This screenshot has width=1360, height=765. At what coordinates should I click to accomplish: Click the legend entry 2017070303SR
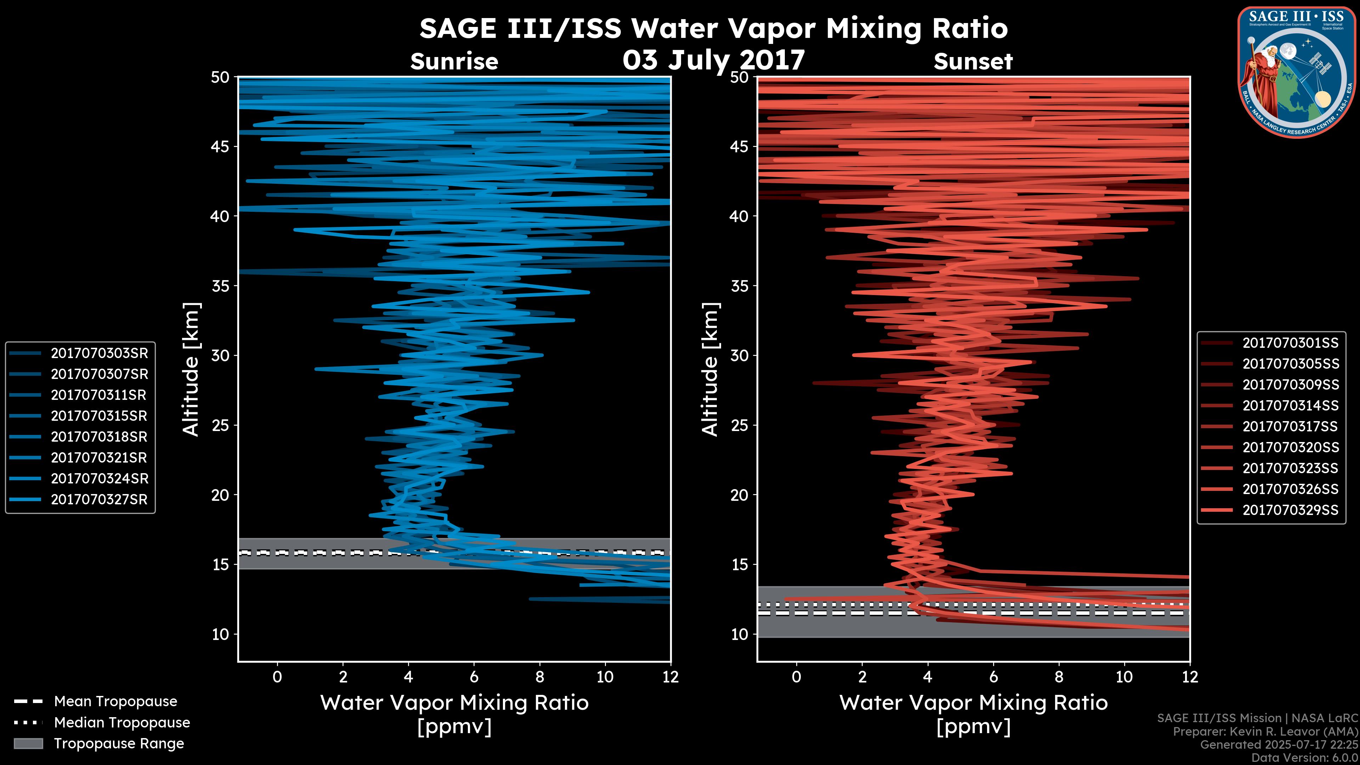99,353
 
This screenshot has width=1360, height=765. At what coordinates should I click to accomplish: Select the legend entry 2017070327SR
99,499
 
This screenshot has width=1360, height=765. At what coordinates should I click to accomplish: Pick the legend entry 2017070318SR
99,437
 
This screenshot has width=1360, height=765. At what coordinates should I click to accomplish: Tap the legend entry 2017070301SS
1290,343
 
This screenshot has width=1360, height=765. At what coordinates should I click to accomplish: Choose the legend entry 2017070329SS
1290,510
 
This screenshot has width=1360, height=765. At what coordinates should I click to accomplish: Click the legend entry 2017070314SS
1290,406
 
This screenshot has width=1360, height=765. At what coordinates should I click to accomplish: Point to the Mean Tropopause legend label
115,702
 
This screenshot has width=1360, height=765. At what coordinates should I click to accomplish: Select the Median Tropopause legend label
122,722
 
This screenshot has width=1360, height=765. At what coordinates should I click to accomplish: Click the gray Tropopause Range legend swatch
28,743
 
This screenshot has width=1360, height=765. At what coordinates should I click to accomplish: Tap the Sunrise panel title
454,62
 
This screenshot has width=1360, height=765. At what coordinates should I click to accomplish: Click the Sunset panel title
973,62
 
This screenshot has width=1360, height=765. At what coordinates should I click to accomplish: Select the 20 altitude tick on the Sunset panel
739,495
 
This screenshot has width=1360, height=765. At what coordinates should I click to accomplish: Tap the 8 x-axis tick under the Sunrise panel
539,677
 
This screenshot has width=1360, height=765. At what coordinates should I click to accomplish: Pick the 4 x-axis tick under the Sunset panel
928,677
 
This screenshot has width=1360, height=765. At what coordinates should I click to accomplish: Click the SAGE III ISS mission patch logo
1296,71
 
